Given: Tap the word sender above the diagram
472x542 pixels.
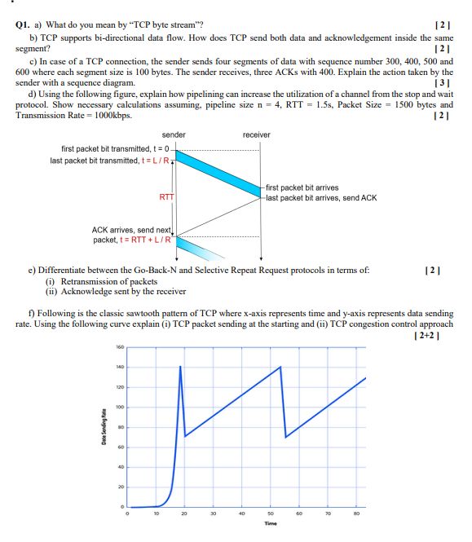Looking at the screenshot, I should [174, 134].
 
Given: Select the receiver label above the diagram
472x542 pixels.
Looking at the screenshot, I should [257, 134].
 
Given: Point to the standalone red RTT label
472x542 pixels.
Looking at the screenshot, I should [167, 196].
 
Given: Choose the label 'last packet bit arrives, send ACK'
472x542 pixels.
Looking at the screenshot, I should [321, 197].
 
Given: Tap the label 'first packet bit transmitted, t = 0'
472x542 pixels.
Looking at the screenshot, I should [113, 149].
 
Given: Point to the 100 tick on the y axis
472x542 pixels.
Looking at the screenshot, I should [118, 406].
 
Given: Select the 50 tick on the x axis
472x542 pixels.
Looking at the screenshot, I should [271, 513].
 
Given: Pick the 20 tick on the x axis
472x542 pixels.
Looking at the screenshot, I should [184, 513].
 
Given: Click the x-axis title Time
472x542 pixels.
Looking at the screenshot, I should [271, 523].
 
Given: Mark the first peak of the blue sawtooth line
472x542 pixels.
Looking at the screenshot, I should [180, 367].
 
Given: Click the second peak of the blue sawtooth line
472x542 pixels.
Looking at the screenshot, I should [281, 367].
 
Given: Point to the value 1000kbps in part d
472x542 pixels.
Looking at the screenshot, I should [114, 115].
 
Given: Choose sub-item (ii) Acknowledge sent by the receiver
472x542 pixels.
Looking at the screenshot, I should [117, 291].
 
